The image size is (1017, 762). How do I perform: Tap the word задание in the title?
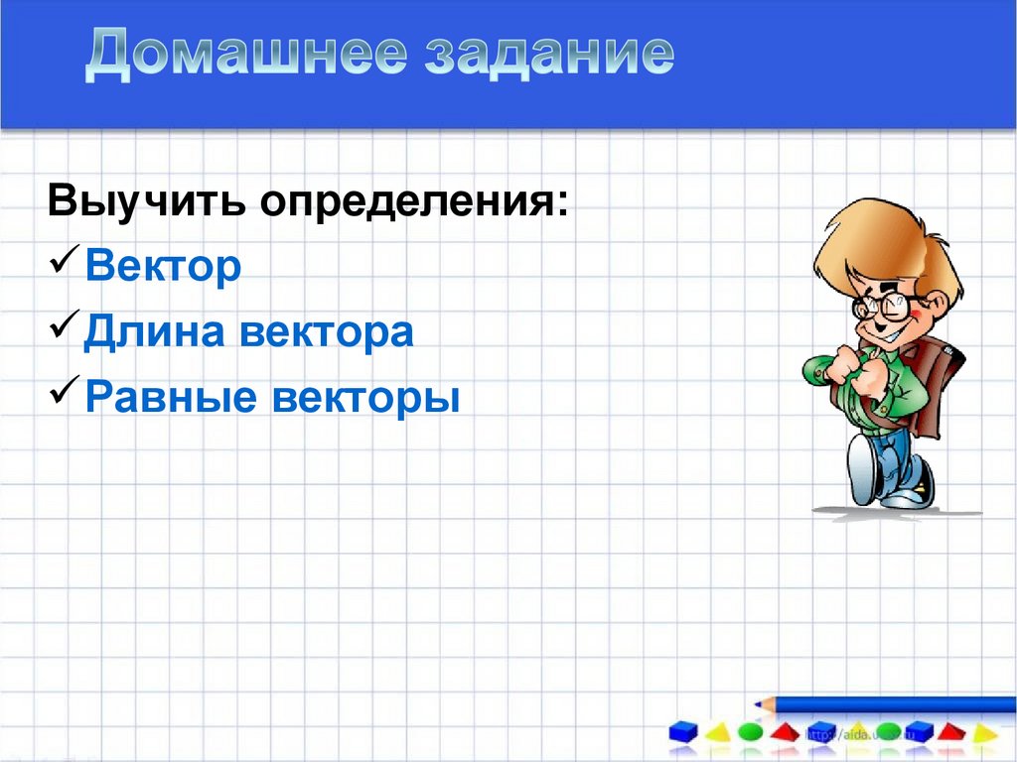tap(549, 56)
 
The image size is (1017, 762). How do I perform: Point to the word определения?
tap(415, 204)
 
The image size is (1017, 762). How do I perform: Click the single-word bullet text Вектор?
tap(163, 267)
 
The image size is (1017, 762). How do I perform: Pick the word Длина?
tap(150, 332)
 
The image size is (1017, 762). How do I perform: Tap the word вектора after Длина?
tap(326, 333)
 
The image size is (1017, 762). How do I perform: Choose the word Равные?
tap(159, 398)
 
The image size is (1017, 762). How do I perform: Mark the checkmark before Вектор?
tap(65, 265)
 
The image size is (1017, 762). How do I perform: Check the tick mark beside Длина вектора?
tap(65, 330)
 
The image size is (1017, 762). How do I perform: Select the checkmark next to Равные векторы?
tap(65, 396)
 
